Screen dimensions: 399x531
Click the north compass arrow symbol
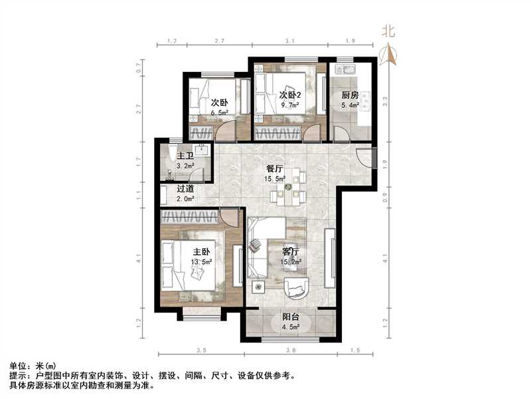[x=388, y=55]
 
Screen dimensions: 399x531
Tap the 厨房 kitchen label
[x=350, y=96]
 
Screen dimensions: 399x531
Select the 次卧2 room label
[x=289, y=94]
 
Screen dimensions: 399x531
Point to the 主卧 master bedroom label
[x=202, y=252]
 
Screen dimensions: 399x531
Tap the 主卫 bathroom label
[x=185, y=156]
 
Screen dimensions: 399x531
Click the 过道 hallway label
[x=185, y=188]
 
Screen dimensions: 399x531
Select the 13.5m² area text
[x=202, y=262]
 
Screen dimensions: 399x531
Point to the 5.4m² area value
[x=350, y=105]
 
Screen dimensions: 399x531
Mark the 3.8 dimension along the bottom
[x=289, y=349]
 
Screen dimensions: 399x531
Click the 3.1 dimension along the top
[x=289, y=41]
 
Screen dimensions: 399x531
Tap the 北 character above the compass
[x=388, y=31]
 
